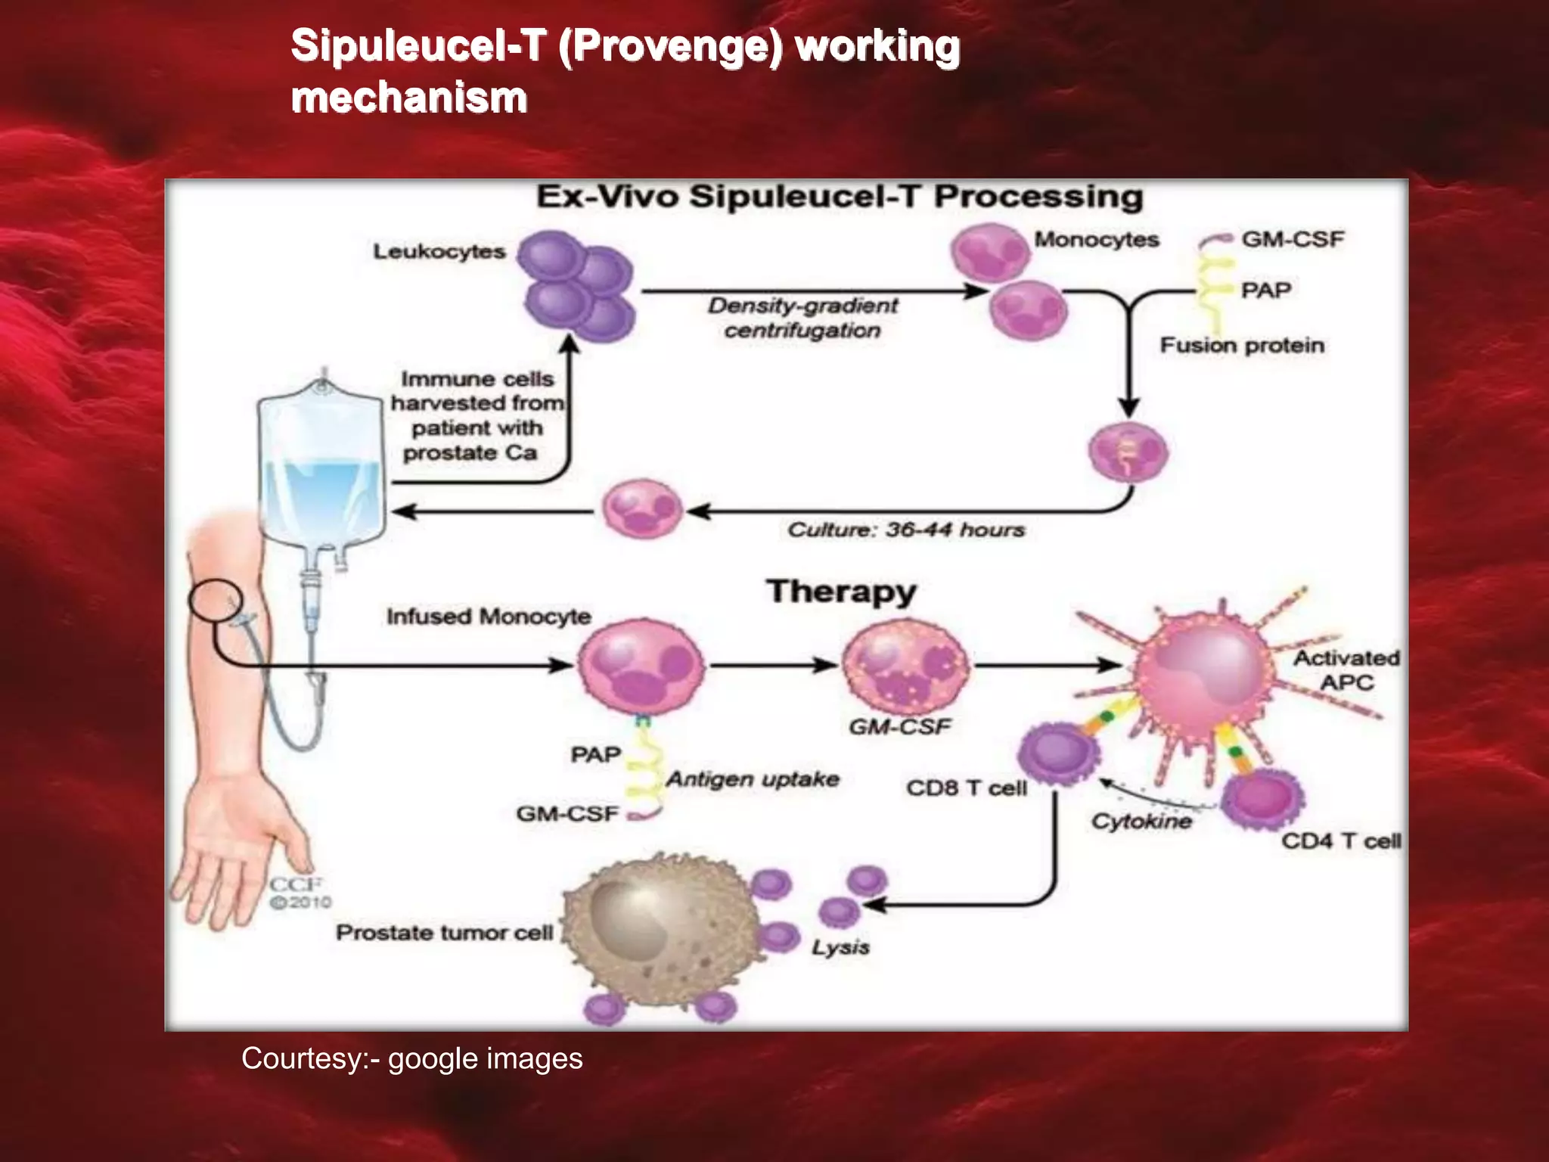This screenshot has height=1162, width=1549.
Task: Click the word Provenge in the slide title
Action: pos(670,47)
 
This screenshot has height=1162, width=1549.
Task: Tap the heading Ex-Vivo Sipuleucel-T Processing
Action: pos(840,197)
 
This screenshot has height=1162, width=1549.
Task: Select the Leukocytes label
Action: pos(439,251)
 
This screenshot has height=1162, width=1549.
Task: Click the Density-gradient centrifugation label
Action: pos(802,318)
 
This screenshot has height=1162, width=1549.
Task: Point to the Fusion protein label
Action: pos(1242,346)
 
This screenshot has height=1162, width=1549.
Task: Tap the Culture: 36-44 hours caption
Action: pos(906,530)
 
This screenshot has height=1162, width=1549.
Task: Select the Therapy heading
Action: pos(841,592)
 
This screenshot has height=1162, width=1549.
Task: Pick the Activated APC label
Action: pos(1346,670)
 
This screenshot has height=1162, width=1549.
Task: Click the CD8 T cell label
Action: pos(967,788)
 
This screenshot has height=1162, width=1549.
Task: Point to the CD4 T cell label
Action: pos(1340,841)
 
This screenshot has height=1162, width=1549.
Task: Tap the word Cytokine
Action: pos(1141,822)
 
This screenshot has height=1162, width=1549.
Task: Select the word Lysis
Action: pos(840,947)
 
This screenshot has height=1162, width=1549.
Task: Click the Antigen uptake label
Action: pos(753,779)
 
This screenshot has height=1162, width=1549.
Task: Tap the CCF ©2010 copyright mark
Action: pos(300,893)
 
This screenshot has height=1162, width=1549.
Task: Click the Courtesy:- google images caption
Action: pos(411,1058)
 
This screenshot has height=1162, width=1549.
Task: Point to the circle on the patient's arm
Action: pos(216,600)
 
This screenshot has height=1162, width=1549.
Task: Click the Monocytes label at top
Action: pos(1097,240)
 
